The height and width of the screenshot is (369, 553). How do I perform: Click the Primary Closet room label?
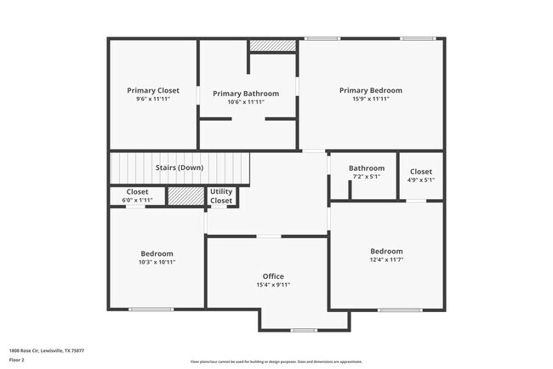tap(153, 90)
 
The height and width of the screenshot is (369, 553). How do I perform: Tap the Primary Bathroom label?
tap(246, 94)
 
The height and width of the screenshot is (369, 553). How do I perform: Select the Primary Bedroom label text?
tap(370, 90)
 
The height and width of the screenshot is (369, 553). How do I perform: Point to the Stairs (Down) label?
tap(180, 167)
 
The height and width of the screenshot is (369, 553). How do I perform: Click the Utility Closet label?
tap(221, 196)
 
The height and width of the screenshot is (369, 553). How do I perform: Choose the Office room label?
tap(273, 276)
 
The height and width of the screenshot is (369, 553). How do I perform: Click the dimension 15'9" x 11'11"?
tap(370, 99)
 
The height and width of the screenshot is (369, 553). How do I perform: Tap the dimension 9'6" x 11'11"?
tap(153, 99)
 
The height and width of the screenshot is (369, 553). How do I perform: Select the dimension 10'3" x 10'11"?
tap(157, 262)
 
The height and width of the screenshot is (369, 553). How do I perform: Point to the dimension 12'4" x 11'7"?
tap(386, 259)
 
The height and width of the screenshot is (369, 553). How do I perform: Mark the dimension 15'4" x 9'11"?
tap(273, 285)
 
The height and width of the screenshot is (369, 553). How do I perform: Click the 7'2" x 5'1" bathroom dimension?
tap(367, 177)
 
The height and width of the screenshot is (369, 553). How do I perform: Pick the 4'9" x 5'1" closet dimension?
tap(421, 179)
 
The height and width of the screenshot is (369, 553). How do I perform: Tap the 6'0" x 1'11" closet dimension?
tap(137, 200)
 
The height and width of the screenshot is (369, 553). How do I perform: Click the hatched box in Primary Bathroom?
tap(271, 46)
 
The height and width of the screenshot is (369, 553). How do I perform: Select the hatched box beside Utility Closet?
tap(180, 196)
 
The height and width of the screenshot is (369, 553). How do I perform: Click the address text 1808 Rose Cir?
tap(47, 350)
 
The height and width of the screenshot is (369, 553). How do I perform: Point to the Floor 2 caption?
tap(18, 360)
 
